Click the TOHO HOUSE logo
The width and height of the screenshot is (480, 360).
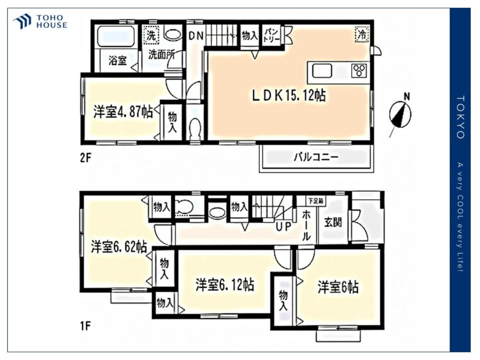(40, 22)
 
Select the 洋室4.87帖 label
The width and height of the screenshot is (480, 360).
(123, 112)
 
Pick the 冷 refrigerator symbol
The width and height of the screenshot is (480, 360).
(362, 34)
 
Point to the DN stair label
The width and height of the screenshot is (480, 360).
(196, 36)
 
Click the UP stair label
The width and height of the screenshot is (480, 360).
(283, 227)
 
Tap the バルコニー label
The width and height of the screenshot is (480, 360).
(316, 157)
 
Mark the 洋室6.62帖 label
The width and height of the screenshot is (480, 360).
(119, 247)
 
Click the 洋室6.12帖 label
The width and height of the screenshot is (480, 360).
(225, 285)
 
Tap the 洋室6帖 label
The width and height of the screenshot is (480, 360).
(338, 288)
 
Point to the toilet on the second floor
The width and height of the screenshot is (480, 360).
(195, 128)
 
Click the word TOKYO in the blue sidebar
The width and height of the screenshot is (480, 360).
(460, 117)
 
